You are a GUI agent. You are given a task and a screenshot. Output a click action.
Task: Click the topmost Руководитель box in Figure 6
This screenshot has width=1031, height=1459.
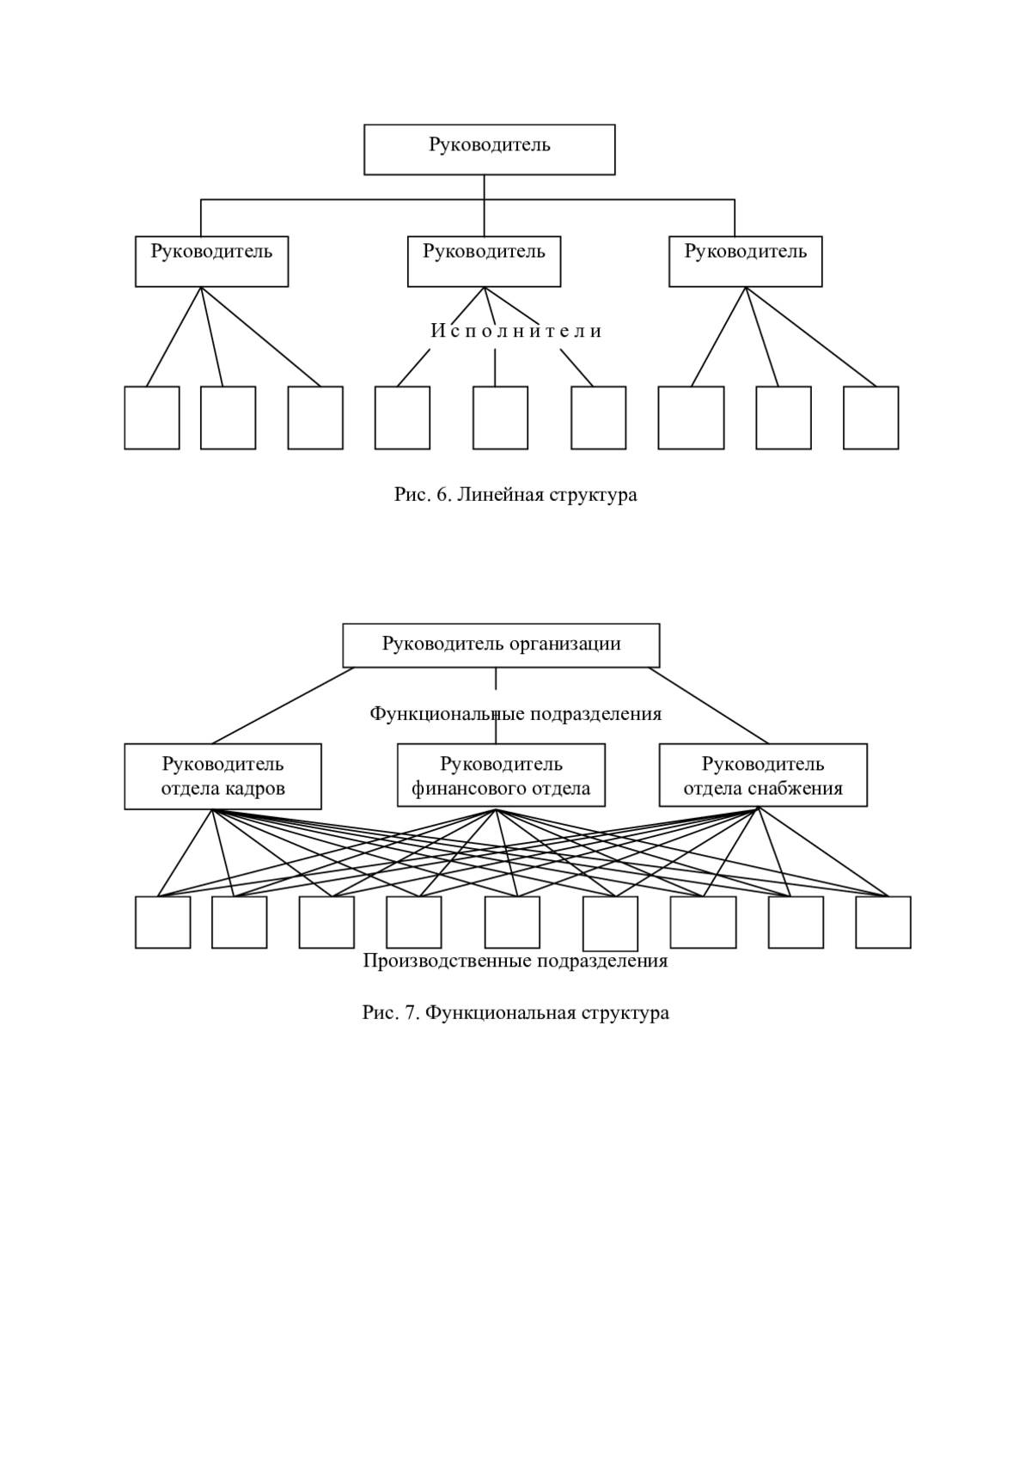tap(489, 150)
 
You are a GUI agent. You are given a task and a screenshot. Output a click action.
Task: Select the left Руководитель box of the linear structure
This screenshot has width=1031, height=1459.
tap(211, 261)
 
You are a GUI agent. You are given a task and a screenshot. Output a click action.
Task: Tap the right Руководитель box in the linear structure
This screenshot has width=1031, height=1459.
tap(745, 261)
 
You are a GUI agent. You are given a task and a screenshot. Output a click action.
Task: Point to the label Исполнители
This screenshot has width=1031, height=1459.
tap(515, 332)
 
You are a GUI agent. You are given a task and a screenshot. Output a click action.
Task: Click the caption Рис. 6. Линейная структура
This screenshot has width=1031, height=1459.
tap(515, 495)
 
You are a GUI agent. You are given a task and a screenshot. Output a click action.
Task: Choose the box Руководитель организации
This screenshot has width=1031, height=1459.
tap(501, 645)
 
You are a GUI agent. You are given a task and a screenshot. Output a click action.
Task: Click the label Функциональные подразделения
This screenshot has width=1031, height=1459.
tap(515, 714)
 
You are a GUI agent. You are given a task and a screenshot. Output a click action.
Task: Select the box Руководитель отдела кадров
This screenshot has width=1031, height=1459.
tap(223, 777)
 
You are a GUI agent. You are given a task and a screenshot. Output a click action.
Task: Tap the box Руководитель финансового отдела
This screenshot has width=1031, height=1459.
tap(501, 775)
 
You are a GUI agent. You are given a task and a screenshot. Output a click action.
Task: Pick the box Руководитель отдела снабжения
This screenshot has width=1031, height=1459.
tap(763, 775)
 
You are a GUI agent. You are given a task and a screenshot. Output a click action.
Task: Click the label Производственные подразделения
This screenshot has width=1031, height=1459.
tap(515, 961)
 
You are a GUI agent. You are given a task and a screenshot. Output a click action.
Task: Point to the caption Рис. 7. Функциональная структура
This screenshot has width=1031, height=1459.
tap(515, 1013)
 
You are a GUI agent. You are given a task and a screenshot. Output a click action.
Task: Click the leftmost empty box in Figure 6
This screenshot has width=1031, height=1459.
tap(152, 418)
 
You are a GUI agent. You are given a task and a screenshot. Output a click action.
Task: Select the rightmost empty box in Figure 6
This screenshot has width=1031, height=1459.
tap(871, 418)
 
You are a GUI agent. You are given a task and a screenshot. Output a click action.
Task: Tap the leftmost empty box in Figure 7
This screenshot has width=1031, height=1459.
tap(163, 922)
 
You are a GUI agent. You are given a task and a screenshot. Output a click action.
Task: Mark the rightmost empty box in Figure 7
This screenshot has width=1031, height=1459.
tap(883, 922)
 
